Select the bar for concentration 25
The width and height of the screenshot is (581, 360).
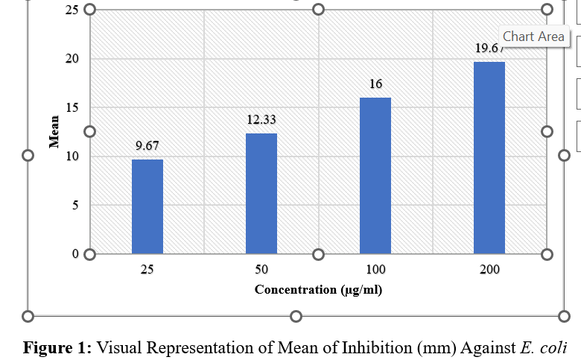point(147,206)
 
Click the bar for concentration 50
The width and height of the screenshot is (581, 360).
point(261,194)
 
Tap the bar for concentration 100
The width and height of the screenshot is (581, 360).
point(375,176)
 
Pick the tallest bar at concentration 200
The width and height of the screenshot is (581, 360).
point(489,158)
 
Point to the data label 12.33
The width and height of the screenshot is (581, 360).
point(261,119)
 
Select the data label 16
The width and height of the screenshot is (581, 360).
point(376,84)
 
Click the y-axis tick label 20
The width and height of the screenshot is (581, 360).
point(73,59)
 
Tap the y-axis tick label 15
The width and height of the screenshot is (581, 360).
point(73,107)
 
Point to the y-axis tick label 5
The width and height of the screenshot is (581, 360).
point(76,205)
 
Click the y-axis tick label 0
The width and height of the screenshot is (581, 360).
point(76,253)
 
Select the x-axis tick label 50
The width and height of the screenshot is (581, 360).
point(261,269)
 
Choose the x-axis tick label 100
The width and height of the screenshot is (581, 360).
point(375,269)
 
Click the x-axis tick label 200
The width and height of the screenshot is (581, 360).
point(489,269)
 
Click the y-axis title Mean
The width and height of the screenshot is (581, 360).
point(54,132)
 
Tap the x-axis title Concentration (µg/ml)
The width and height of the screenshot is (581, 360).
point(318,289)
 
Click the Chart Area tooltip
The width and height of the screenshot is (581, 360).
point(533,37)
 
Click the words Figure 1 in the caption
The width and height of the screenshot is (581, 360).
point(57,347)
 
